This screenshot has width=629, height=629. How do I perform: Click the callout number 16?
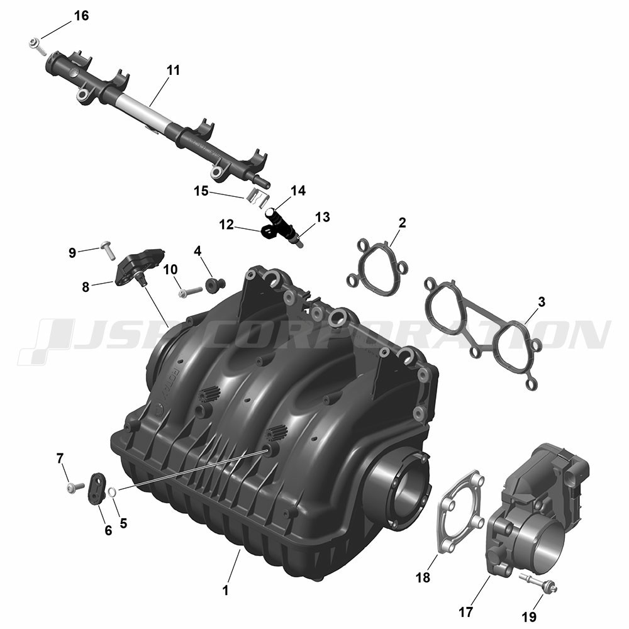tap(81, 16)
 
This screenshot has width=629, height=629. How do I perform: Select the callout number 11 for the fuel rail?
tap(173, 70)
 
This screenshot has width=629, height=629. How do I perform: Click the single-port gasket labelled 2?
tap(377, 268)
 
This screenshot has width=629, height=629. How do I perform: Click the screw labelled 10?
tap(190, 292)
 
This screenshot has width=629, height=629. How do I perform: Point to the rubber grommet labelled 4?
tap(214, 285)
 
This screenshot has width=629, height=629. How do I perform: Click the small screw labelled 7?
tap(75, 487)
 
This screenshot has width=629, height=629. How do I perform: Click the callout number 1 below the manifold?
tap(225, 590)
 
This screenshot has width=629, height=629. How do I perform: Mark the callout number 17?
tap(465, 612)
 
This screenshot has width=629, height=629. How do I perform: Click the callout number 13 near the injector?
tap(323, 217)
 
